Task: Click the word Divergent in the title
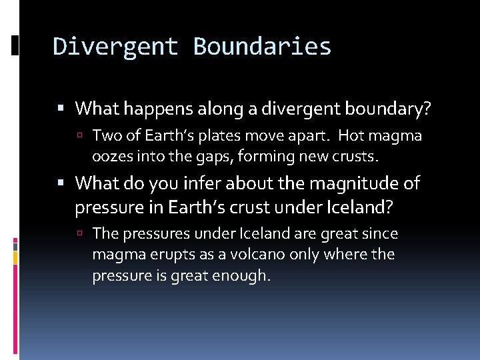(x=115, y=47)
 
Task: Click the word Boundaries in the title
(x=262, y=47)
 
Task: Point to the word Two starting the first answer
(x=104, y=137)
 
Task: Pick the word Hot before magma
(x=351, y=137)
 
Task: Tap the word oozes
(x=110, y=157)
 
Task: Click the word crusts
(x=358, y=157)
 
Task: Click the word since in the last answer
(x=382, y=234)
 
